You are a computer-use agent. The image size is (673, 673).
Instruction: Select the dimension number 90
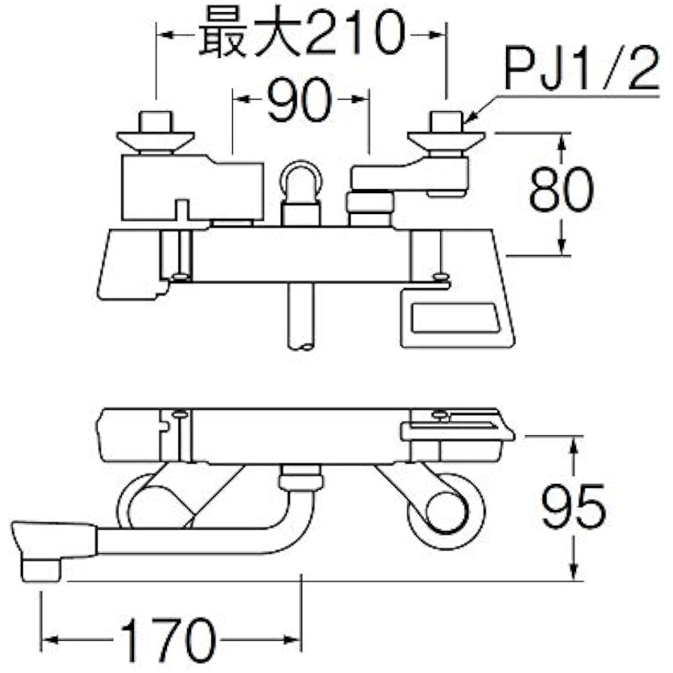299,100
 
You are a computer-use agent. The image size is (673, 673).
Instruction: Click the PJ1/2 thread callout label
581,68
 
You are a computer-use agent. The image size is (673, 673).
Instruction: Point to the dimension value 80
561,189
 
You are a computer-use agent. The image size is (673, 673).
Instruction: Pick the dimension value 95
574,507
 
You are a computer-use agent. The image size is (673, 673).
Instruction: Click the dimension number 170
168,640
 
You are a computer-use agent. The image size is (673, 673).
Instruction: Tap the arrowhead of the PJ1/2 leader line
470,117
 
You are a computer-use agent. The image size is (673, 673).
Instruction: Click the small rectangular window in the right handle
456,317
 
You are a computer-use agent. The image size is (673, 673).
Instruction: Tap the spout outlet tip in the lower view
41,571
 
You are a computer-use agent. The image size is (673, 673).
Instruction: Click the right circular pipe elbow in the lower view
446,510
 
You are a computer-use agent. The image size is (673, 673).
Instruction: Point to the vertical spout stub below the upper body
301,316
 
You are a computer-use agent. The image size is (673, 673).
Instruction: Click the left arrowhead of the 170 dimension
50,640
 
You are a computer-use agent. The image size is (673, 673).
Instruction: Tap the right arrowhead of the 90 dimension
361,99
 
